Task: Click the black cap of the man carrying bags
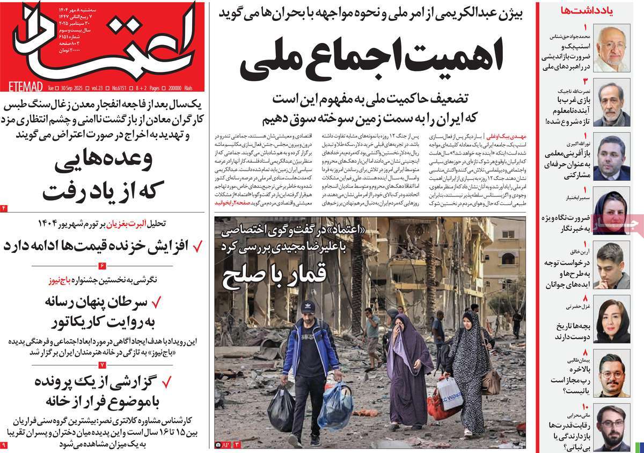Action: coord(309,308)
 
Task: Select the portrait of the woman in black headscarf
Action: coord(611,212)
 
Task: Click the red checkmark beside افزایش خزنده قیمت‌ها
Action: coord(197,246)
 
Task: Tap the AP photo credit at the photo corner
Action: coord(224,444)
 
